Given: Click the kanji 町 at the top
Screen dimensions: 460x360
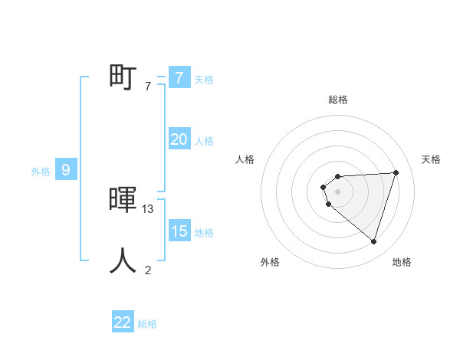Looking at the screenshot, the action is pos(123,77).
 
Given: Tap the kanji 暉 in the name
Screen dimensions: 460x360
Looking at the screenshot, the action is pos(123,200).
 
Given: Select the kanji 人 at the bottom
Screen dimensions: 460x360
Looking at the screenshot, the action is pos(123,260).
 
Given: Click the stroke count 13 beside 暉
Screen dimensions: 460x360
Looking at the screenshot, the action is pos(149,208).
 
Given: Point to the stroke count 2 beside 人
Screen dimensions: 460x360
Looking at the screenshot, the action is pos(148,270).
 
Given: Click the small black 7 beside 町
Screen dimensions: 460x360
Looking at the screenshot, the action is pos(148,86).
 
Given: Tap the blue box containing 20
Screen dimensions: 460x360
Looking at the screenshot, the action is pos(179,139).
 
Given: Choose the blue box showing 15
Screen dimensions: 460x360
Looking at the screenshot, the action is pos(179,231).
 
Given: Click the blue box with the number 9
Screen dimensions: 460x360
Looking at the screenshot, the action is pos(66,170).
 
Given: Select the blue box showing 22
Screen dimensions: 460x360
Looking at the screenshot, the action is pos(123,322).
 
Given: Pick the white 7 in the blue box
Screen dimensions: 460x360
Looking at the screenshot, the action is pos(179,77).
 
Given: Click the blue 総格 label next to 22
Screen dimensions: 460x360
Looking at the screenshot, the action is pos(147,324).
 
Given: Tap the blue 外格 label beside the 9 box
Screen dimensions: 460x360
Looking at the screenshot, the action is pos(41,172).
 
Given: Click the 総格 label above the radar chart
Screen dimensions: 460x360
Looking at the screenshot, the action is pos(338,100).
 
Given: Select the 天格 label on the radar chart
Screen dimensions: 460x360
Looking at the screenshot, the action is pos(432,159).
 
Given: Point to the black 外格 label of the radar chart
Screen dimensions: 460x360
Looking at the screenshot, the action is pos(270,262).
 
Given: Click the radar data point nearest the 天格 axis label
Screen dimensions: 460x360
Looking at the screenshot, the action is pos(396,172).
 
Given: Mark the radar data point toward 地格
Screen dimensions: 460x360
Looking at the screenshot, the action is pos(373,242).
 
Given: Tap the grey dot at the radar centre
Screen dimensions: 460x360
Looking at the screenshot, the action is pos(338,191).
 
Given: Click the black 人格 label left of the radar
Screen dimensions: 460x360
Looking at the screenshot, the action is pos(245,159).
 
